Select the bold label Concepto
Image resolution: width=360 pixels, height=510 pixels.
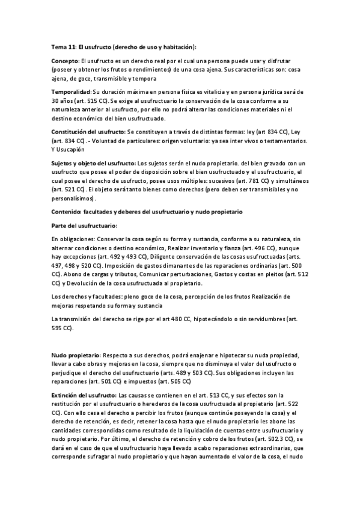[x=65, y=61]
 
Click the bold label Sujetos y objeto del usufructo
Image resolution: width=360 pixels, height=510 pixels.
[x=94, y=164]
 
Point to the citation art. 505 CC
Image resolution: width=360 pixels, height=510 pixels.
[x=174, y=381]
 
